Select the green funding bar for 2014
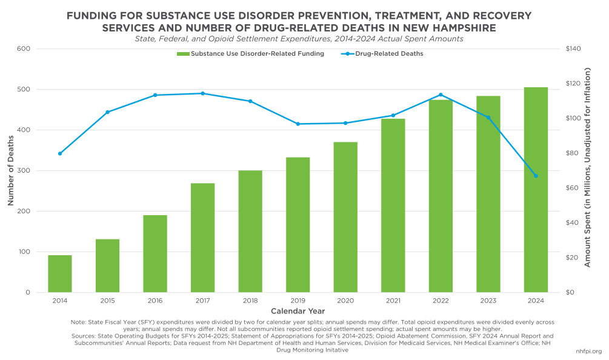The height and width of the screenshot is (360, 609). click(60, 273)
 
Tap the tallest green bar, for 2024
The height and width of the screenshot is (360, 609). click(536, 190)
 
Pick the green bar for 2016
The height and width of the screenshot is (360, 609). click(155, 253)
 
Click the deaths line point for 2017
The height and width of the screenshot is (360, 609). click(202, 93)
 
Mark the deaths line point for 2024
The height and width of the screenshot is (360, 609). click(536, 176)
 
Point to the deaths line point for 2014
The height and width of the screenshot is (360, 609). click(60, 153)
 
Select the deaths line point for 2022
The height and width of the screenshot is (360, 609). click(441, 95)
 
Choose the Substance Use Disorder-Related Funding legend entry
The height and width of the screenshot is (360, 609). click(250, 53)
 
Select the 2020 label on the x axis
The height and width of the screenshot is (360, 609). click(345, 301)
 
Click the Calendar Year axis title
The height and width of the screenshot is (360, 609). click(298, 310)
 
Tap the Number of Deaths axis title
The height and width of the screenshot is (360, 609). click(11, 170)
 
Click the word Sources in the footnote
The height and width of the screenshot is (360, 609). click(82, 335)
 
